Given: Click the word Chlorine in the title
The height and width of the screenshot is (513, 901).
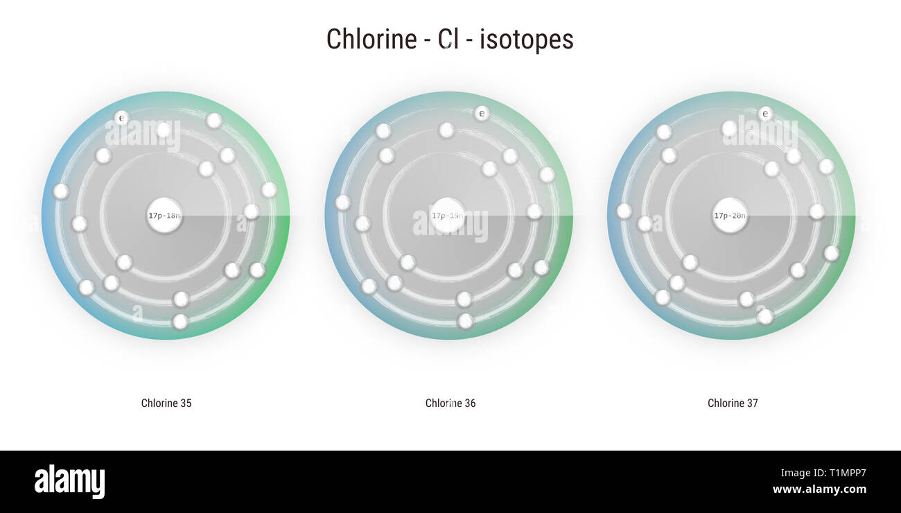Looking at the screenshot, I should (x=370, y=40).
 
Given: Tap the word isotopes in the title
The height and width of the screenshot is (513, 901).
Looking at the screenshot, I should (x=527, y=40).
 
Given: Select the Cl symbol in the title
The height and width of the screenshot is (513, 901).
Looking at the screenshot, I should (x=448, y=40).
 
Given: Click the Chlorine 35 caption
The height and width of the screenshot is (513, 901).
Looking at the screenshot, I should (x=166, y=403).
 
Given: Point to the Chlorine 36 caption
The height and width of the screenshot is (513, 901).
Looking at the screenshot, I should (x=450, y=403).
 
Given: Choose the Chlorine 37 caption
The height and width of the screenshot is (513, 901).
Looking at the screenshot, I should (x=733, y=403).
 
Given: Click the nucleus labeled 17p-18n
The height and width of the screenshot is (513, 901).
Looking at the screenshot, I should (x=164, y=216).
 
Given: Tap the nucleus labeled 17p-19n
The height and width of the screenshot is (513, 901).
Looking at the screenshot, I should (x=447, y=216).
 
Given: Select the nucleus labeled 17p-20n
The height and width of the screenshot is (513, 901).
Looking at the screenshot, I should (x=730, y=216).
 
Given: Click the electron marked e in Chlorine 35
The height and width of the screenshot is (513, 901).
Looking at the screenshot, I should (x=121, y=118).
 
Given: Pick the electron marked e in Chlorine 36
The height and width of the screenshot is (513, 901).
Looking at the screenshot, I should (x=482, y=113).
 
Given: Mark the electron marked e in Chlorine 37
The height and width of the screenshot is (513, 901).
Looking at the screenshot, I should (x=765, y=113).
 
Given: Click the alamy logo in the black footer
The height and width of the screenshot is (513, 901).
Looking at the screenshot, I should (x=69, y=482).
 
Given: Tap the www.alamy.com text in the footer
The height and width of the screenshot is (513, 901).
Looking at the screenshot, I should (x=819, y=489).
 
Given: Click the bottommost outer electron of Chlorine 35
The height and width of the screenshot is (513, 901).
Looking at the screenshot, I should (x=180, y=322).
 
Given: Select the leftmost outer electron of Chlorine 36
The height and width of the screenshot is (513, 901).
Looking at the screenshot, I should (x=342, y=202).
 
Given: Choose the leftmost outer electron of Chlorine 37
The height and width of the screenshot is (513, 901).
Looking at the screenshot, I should (x=624, y=211).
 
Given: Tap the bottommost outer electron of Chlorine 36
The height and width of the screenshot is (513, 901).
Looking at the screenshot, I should (x=466, y=321).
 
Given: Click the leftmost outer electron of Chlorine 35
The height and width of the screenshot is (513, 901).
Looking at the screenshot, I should (x=61, y=191).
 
